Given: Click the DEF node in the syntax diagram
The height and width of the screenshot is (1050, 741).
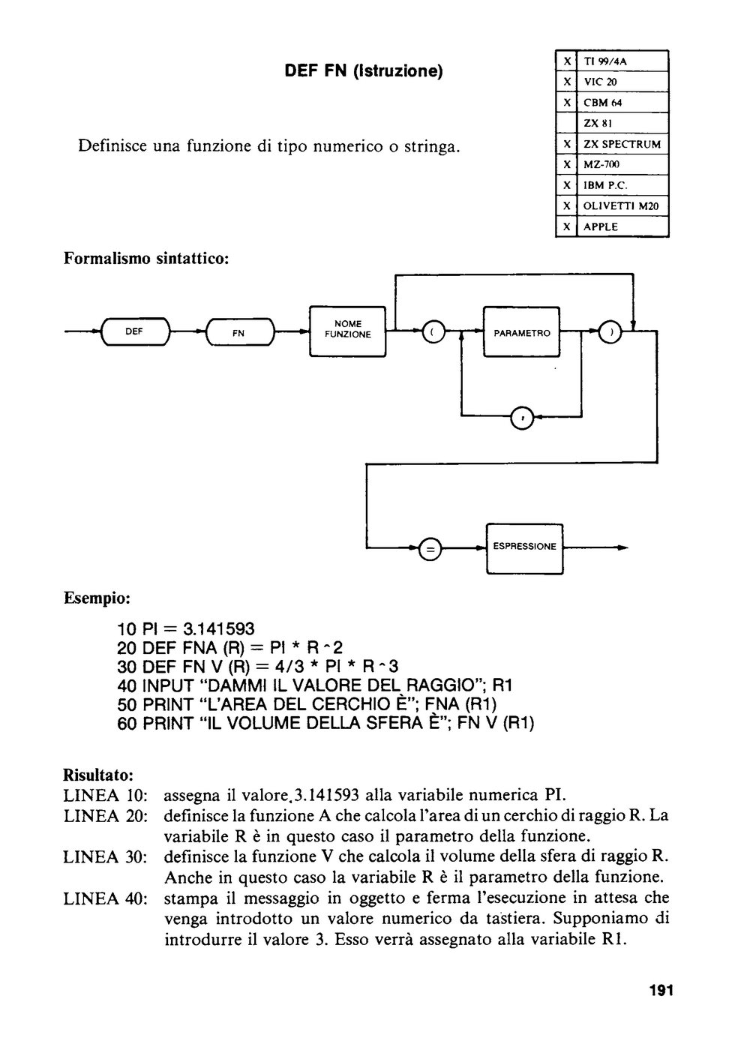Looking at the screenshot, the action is [135, 331].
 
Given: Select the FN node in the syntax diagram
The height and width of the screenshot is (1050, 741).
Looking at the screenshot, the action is [239, 332].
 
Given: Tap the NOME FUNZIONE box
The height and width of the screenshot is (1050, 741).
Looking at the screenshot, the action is [347, 331].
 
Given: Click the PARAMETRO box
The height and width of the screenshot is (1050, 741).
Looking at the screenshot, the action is [521, 331].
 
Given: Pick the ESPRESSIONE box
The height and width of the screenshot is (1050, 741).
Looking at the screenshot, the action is [524, 548].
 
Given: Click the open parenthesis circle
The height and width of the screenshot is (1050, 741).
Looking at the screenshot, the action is [433, 331].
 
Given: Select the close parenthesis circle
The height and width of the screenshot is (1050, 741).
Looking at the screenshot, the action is [610, 332].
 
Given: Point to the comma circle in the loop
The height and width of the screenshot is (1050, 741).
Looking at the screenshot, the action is [522, 418].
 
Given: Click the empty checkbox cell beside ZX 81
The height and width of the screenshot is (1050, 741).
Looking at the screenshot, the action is [566, 123].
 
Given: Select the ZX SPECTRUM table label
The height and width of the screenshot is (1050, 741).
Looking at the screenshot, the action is [622, 144].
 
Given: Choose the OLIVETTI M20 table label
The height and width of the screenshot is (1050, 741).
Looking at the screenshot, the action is [621, 205].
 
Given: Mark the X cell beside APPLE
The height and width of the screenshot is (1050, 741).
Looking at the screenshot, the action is [566, 226].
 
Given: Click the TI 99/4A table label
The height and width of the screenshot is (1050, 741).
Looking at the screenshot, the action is [605, 61].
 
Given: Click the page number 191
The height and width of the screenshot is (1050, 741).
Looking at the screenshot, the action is [661, 991].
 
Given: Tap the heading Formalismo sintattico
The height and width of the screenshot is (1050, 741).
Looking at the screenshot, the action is [146, 258].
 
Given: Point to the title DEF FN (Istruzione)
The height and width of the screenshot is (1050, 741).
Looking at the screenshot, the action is [364, 71].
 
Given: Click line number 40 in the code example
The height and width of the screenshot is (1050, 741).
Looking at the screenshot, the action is [127, 686].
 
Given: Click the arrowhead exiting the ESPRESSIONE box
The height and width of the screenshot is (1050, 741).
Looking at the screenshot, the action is [623, 548].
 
